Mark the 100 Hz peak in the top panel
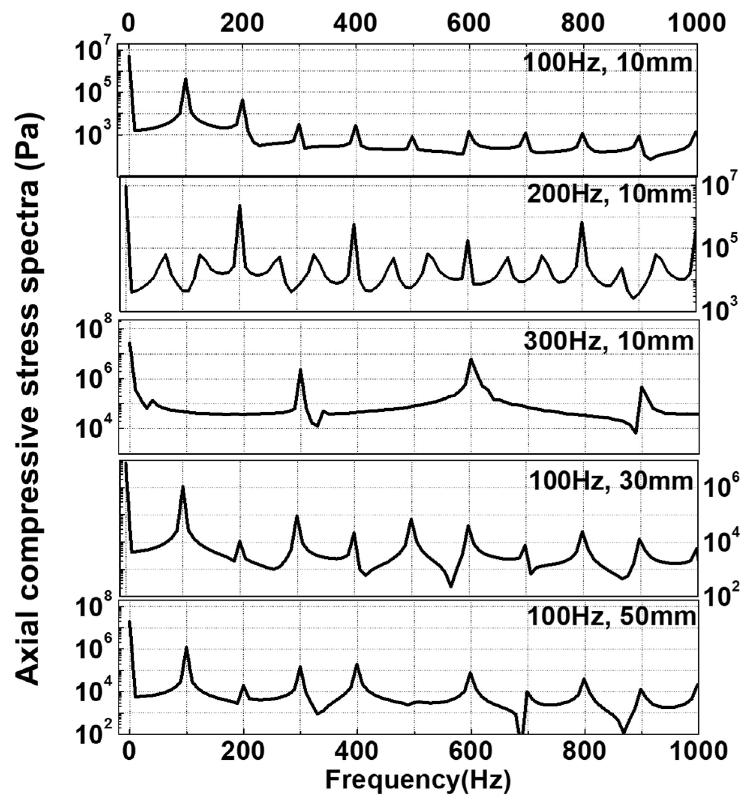click(x=185, y=79)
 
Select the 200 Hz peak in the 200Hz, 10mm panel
click(x=239, y=205)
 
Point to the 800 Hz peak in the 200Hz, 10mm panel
click(x=582, y=222)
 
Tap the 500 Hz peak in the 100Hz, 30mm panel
click(x=411, y=519)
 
